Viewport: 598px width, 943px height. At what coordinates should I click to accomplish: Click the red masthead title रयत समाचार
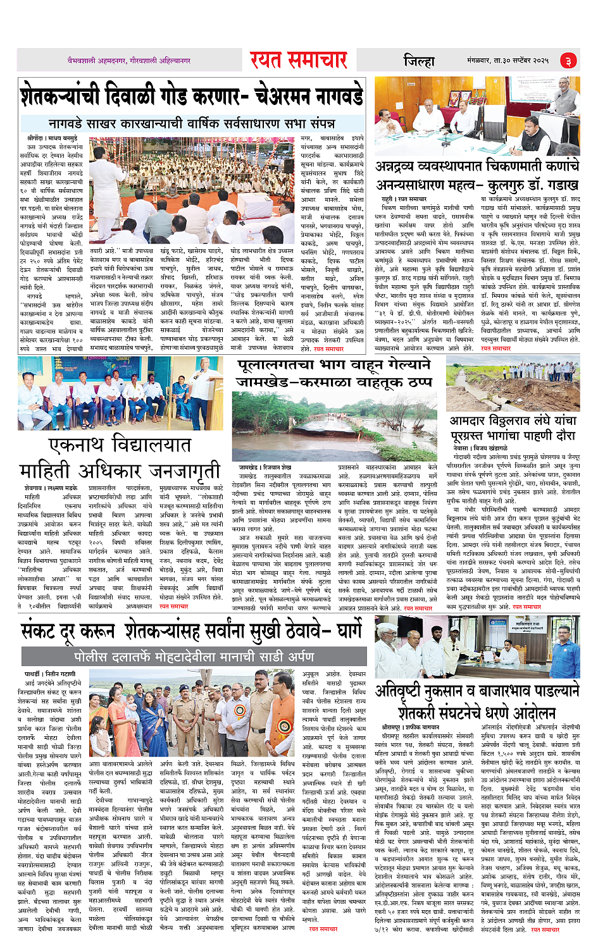pos(298,60)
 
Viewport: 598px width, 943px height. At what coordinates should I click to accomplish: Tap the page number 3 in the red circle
pos(568,61)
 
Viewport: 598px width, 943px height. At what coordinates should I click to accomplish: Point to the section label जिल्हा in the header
pos(419,61)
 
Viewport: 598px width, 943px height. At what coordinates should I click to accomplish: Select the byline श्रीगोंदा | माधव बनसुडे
pos(52,137)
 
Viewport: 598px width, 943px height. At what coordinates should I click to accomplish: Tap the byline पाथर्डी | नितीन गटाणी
pos(50,674)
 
